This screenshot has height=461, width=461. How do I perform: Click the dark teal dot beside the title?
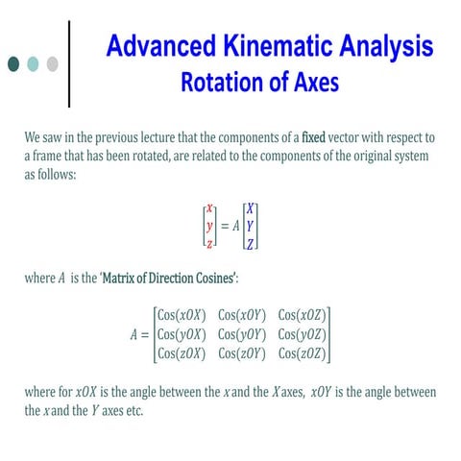tap(13, 63)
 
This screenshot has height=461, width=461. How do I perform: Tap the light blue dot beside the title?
tap(33, 63)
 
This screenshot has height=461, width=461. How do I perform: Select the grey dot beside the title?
tap(53, 63)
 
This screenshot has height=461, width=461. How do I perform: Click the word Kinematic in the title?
tap(278, 45)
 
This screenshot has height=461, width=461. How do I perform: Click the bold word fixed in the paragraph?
tap(313, 137)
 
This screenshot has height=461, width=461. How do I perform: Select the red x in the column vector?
tap(209, 208)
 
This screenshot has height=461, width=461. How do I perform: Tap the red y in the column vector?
tap(209, 227)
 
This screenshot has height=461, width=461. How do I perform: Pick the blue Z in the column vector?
tap(251, 244)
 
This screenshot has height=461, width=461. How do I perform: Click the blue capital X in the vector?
tap(251, 208)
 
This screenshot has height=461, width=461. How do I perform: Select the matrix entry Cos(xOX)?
tap(182, 315)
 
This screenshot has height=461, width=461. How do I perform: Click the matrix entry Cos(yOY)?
tap(242, 334)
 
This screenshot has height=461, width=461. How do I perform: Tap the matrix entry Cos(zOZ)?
tap(303, 353)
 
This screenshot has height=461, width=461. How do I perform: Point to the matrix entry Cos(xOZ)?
tap(303, 315)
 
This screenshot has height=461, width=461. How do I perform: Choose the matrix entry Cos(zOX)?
tap(182, 353)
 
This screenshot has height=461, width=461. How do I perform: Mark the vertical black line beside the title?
tap(69, 64)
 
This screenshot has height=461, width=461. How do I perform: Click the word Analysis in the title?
tap(386, 46)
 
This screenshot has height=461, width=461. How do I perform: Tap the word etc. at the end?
tap(134, 411)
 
